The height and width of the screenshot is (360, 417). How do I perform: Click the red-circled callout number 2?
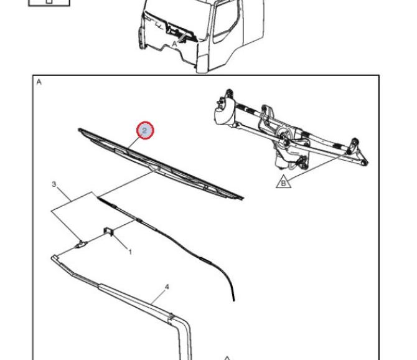(145, 130)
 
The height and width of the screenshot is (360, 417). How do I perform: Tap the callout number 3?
(54, 184)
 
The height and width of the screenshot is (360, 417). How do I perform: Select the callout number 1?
(130, 252)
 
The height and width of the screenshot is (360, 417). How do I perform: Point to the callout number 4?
(167, 287)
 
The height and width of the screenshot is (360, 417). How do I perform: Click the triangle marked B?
(283, 182)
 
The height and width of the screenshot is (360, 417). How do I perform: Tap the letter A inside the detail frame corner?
(39, 82)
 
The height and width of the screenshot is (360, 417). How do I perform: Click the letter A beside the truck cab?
(174, 44)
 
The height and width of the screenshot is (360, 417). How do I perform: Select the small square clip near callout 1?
(108, 231)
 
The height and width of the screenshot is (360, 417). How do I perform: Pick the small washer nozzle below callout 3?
(82, 244)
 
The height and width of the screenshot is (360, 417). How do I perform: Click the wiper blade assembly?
(161, 164)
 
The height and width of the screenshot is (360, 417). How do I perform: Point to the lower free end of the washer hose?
(234, 300)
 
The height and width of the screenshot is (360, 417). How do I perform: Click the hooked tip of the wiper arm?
(54, 257)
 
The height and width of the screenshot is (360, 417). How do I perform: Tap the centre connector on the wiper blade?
(155, 168)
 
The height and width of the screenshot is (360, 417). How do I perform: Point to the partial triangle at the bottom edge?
(227, 358)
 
